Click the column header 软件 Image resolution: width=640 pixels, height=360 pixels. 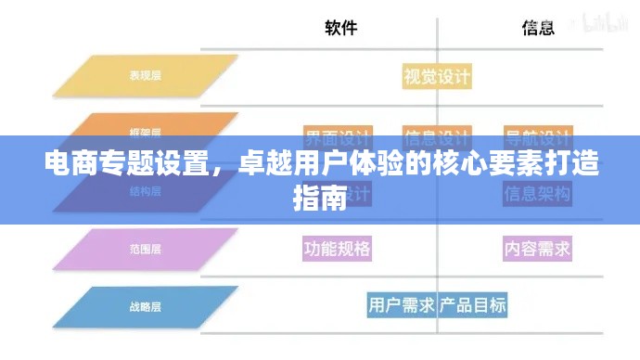(341, 29)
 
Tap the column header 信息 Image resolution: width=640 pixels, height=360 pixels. (538, 29)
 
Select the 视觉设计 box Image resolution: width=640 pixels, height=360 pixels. (437, 76)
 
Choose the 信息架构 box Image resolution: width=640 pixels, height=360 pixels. (537, 194)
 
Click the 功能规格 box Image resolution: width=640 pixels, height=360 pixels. (338, 249)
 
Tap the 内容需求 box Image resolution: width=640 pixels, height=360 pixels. (537, 249)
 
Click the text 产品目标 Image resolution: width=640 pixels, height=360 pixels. (473, 304)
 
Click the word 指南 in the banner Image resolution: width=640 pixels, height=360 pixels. (319, 197)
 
